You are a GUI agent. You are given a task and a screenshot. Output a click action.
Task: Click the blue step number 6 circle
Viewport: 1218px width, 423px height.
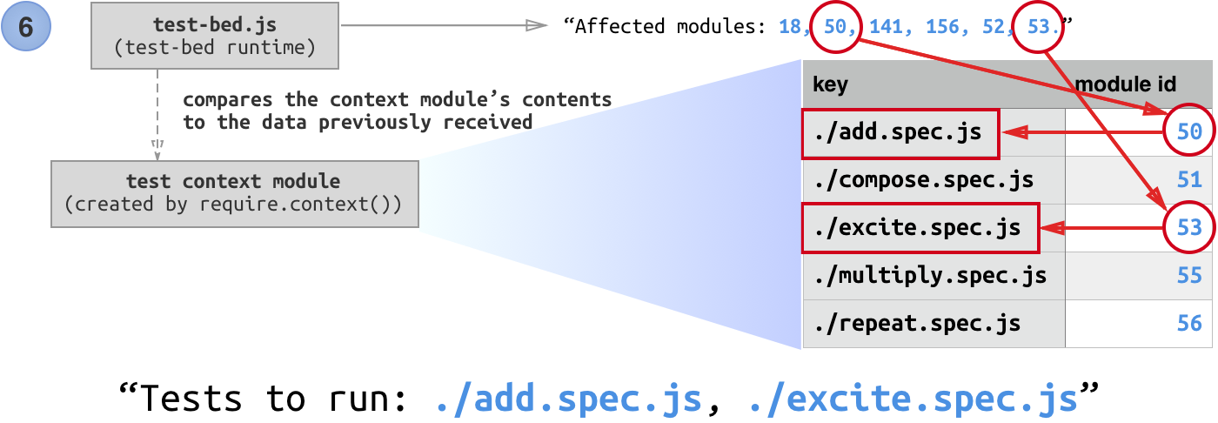pyautogui.click(x=26, y=27)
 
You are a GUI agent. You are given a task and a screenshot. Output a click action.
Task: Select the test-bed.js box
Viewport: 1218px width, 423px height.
pyautogui.click(x=215, y=36)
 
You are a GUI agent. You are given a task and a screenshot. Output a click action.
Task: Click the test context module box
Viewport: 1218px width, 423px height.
pyautogui.click(x=233, y=193)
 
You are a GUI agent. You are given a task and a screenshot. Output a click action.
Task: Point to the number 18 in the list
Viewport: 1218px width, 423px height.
pyautogui.click(x=790, y=27)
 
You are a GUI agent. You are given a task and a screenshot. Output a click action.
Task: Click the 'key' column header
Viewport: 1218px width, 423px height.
pyautogui.click(x=829, y=84)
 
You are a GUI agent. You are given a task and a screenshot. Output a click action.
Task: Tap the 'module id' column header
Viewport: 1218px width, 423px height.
pyautogui.click(x=1126, y=84)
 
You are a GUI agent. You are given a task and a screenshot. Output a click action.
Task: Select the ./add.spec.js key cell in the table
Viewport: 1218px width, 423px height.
pyautogui.click(x=899, y=132)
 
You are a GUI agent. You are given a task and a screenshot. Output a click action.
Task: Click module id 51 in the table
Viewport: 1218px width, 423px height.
pyautogui.click(x=1189, y=180)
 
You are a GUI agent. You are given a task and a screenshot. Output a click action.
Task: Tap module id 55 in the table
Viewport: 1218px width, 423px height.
pyautogui.click(x=1189, y=276)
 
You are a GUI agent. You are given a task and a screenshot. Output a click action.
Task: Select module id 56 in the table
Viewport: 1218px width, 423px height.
pyautogui.click(x=1189, y=324)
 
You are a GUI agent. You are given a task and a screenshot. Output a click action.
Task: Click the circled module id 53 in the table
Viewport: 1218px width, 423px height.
pyautogui.click(x=1188, y=228)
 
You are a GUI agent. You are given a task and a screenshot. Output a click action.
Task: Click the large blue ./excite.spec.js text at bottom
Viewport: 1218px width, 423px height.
pyautogui.click(x=913, y=399)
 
